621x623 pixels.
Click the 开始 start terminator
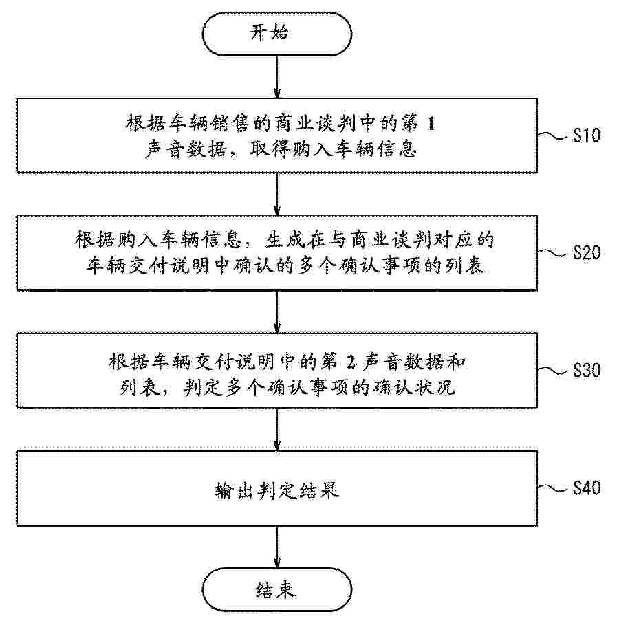point(277,34)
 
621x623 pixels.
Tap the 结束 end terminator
point(277,589)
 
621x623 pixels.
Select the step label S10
point(586,135)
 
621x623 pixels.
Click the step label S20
point(586,252)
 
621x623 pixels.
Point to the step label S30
point(586,371)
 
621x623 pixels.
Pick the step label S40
point(586,488)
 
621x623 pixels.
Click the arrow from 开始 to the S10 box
point(277,77)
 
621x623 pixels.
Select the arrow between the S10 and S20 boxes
point(277,194)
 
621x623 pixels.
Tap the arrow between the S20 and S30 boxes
point(277,311)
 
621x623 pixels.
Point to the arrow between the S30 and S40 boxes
point(277,429)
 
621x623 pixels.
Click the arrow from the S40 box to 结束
point(277,547)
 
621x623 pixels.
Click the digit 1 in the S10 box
point(431,124)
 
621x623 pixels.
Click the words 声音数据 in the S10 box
point(185,149)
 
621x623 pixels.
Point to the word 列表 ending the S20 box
point(465,265)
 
